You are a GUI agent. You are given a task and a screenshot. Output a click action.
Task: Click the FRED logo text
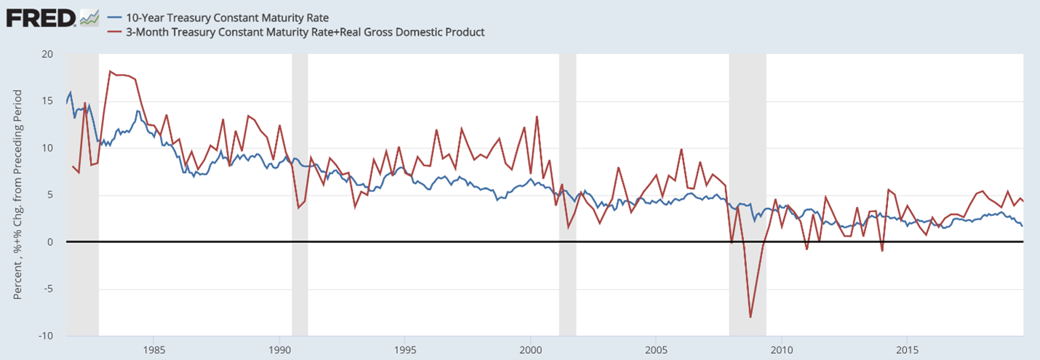tap(41, 17)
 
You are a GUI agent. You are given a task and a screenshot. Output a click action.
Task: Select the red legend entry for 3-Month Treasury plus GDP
tap(295, 32)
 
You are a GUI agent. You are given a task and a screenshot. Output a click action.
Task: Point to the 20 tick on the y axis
tap(47, 55)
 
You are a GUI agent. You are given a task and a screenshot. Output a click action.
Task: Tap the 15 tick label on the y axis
tap(47, 101)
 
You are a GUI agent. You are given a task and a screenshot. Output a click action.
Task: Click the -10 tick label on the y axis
tap(45, 335)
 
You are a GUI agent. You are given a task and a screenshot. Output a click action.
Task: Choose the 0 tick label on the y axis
tap(50, 241)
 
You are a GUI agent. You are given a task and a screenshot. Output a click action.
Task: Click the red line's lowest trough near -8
tap(751, 317)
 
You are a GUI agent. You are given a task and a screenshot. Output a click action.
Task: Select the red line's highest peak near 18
tap(109, 71)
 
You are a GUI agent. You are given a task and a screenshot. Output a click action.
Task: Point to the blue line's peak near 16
tap(71, 92)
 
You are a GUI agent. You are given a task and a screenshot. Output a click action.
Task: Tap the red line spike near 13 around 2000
tap(537, 116)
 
